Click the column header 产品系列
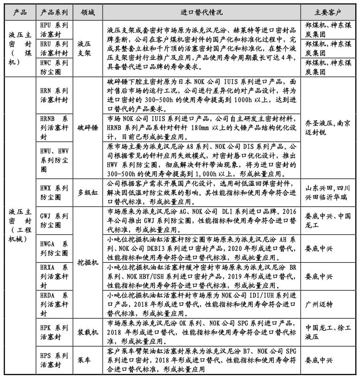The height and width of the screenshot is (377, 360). click(x=54, y=12)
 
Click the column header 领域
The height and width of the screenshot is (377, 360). click(x=88, y=12)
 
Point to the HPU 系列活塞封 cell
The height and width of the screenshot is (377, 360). click(x=54, y=29)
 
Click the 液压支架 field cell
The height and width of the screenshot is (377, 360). click(x=88, y=48)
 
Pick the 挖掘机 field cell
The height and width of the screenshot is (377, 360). click(x=88, y=263)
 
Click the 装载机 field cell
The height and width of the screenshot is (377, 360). click(x=88, y=332)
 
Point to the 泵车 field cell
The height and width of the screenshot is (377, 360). click(x=88, y=360)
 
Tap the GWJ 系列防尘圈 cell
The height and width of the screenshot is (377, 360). click(x=54, y=219)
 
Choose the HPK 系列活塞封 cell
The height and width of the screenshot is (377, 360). click(x=54, y=332)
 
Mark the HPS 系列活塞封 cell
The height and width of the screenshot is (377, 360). click(x=54, y=360)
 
